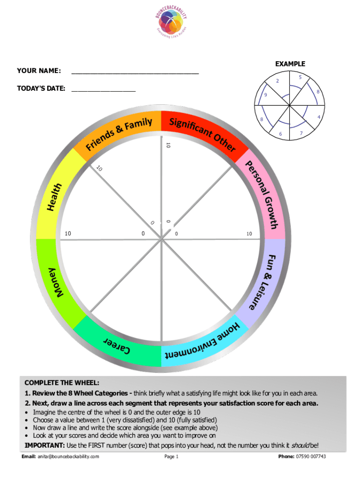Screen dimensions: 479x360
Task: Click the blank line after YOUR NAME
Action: tap(135, 73)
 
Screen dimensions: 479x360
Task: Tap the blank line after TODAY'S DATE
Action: tap(103, 89)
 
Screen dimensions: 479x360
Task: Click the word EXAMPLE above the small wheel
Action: tap(290, 64)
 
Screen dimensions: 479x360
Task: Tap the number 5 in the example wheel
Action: tap(300, 76)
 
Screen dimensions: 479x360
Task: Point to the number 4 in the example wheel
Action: tap(318, 116)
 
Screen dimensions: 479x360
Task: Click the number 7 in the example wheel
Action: tap(301, 134)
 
